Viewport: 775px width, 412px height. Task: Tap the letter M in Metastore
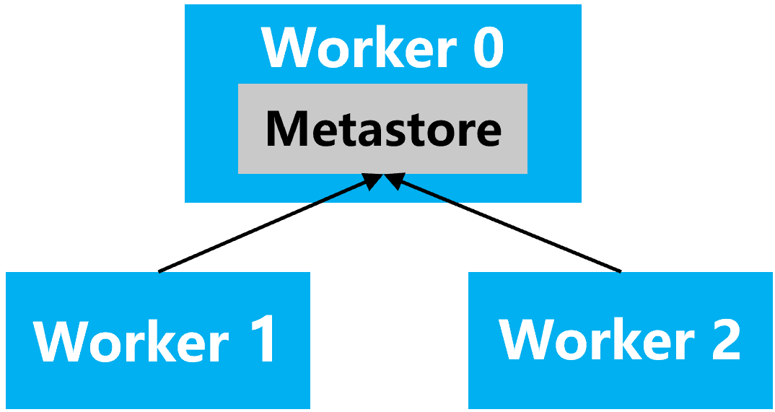[283, 128]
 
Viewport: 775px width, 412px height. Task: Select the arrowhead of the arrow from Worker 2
[396, 180]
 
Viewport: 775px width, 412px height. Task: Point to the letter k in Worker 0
[380, 48]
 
